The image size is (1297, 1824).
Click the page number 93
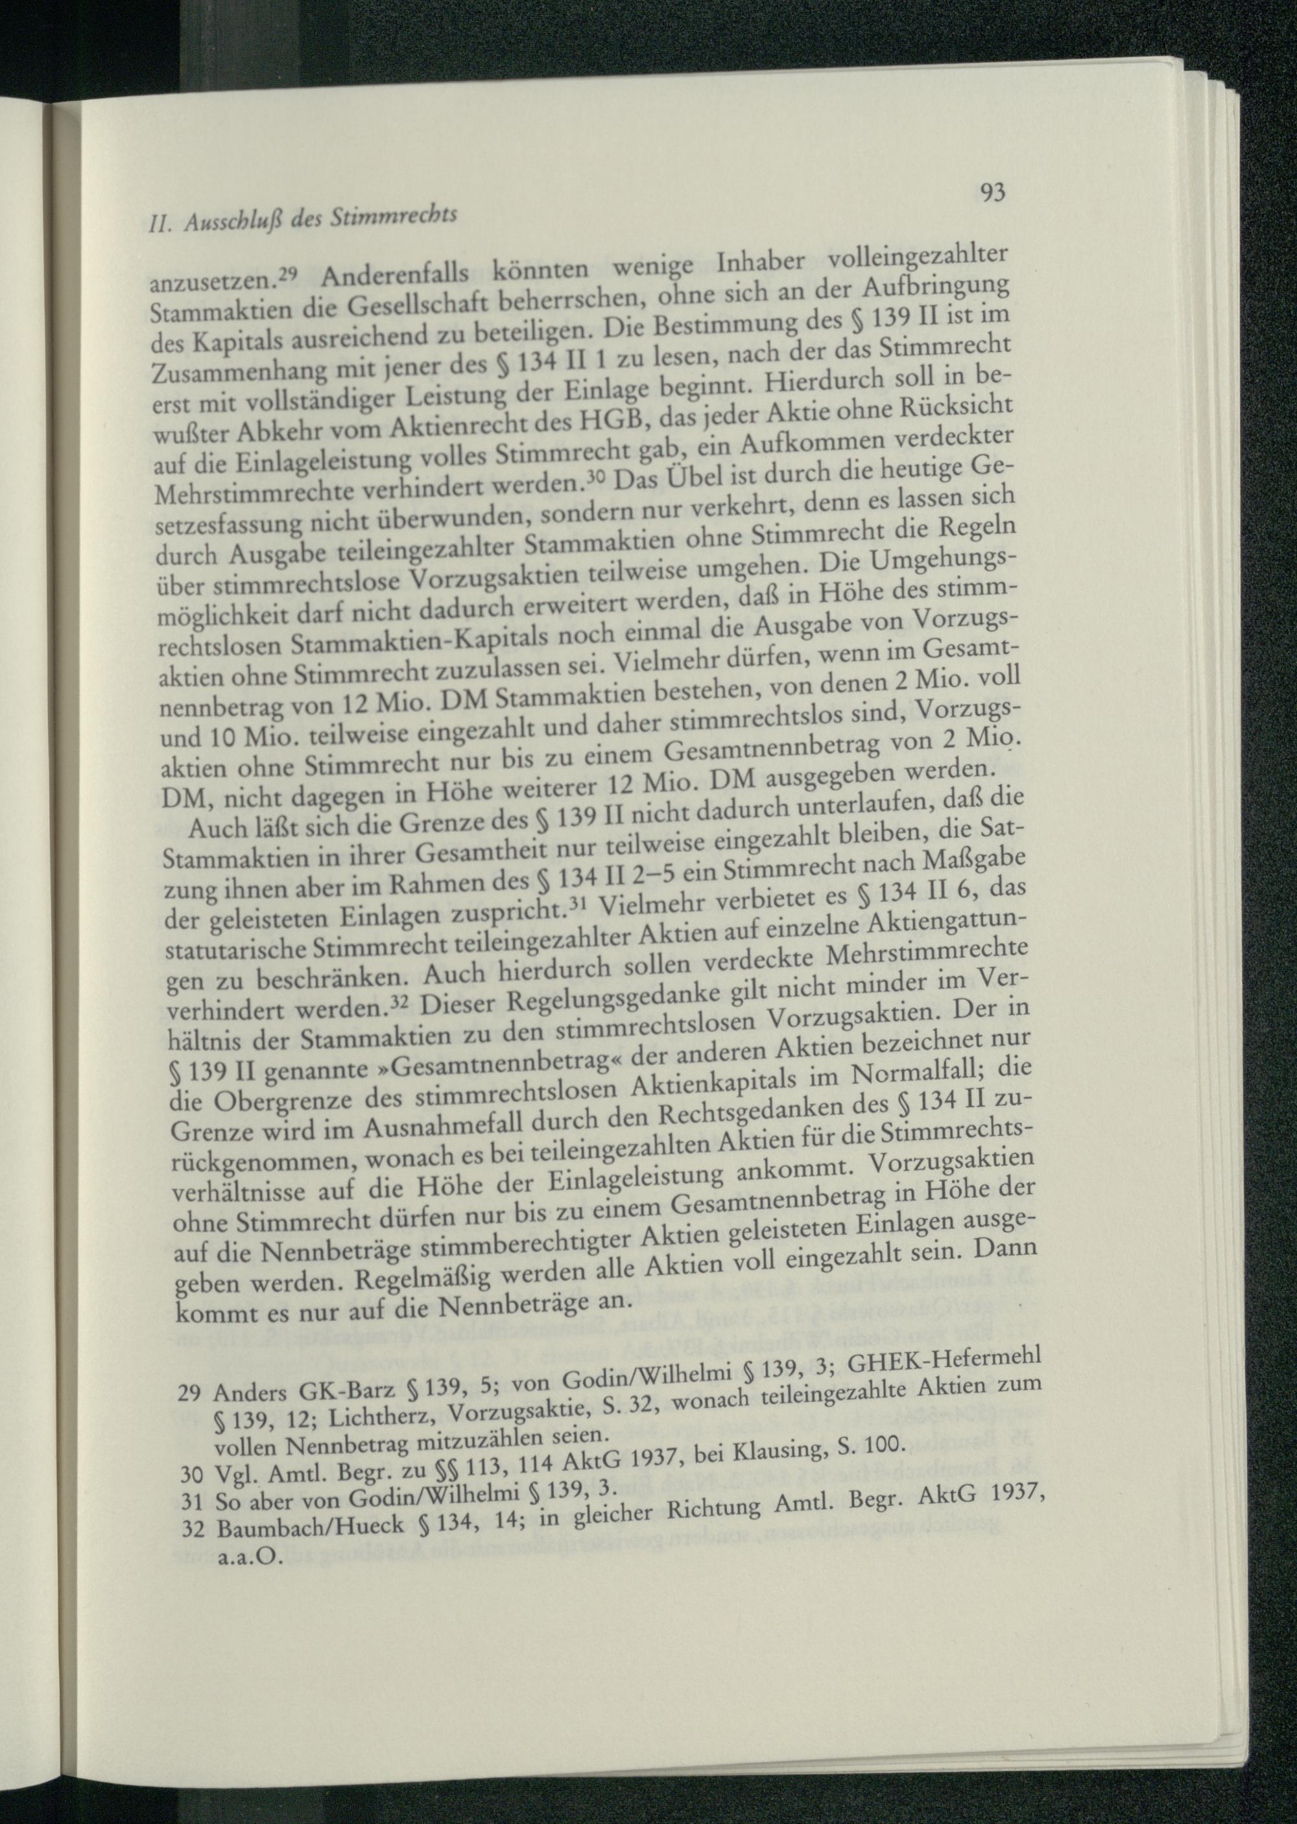tap(990, 193)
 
